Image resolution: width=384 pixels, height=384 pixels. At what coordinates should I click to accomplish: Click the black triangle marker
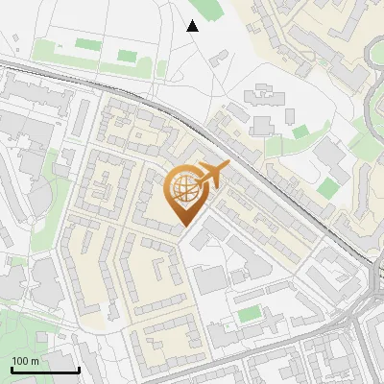coord(193,26)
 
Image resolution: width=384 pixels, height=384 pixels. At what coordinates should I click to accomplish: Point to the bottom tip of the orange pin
coord(184,228)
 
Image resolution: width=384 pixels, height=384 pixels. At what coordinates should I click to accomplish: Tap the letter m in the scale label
coord(36,361)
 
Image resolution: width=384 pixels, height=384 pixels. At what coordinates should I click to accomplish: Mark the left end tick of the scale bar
coord(12,370)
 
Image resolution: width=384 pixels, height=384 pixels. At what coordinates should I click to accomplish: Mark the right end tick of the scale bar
coord(79,370)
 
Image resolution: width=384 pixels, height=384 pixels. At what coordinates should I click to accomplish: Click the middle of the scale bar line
coord(45,371)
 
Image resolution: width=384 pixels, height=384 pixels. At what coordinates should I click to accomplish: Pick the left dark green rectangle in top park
coord(87,44)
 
